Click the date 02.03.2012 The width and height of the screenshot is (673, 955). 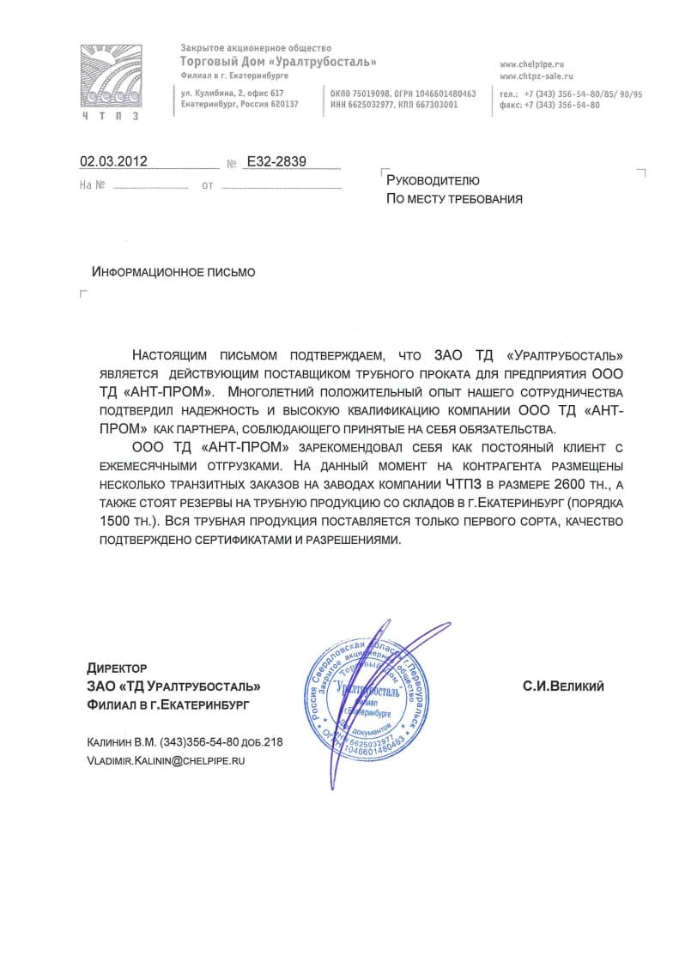(114, 160)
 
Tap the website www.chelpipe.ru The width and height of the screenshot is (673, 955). (531, 64)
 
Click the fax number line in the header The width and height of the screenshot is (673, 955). (549, 105)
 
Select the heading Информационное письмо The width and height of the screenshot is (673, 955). (173, 272)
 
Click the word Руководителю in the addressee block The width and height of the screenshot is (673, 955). (433, 181)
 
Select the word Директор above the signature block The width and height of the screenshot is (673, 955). (117, 668)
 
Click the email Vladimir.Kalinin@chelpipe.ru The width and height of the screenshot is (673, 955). (167, 760)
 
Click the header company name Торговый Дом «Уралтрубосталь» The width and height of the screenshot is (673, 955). (278, 62)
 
